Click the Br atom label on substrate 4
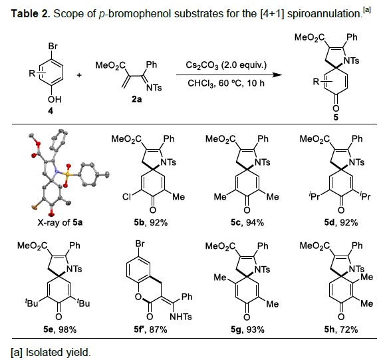coord(53,46)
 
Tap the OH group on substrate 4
coord(55,99)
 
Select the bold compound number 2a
coord(136,99)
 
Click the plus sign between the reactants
coord(79,75)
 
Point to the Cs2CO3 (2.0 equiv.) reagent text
coord(226,65)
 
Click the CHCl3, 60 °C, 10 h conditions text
coord(226,83)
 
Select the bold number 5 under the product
coord(336,117)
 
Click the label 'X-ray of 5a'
coord(60,222)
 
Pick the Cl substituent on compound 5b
coord(126,196)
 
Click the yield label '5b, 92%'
coord(151,222)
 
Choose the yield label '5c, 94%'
coord(247,222)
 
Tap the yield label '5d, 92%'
coord(341,222)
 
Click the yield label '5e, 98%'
coord(60,329)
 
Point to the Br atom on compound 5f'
coord(140,244)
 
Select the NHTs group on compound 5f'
coord(181,317)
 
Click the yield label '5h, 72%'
coord(341,329)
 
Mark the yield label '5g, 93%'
coord(247,329)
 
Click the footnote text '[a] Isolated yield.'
coord(51,352)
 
